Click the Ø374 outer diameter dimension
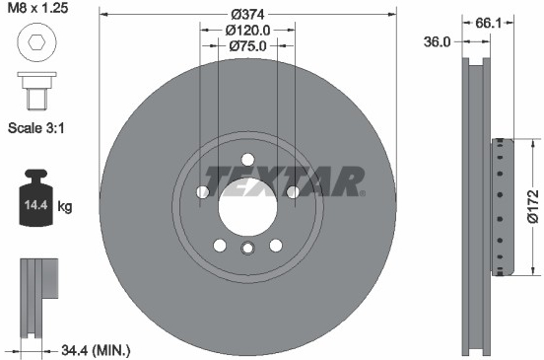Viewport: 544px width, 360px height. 248,14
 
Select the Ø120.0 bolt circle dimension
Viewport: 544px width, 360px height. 247,31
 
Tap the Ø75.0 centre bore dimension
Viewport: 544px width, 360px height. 247,45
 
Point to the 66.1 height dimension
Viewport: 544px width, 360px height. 488,23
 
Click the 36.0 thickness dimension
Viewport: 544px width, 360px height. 437,42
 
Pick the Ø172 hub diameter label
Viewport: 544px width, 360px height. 532,206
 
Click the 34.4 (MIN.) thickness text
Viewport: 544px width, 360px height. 96,350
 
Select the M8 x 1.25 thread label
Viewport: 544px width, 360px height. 37,8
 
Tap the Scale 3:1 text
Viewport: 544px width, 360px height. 36,128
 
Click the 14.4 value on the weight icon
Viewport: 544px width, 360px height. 35,205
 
